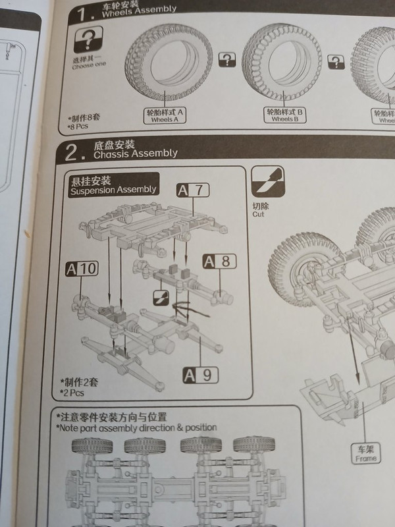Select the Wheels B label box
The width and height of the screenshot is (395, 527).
[x=285, y=116]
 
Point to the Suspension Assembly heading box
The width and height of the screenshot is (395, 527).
[x=113, y=184]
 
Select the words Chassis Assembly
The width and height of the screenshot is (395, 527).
[x=136, y=153]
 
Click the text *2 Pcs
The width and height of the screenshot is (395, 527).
[x=72, y=392]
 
